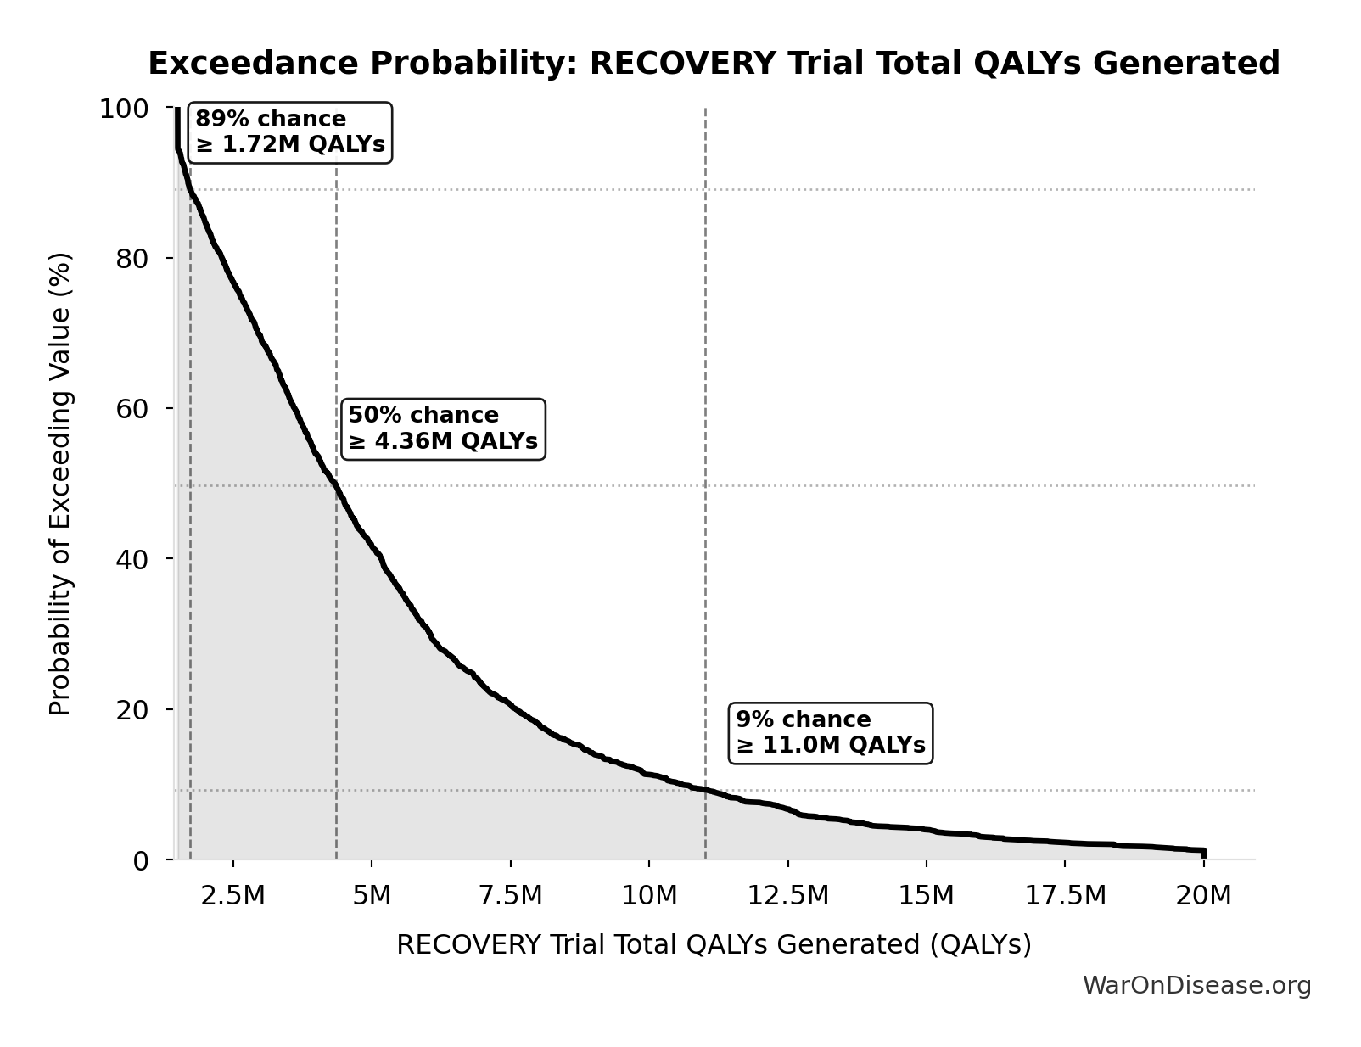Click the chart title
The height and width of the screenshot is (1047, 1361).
click(714, 64)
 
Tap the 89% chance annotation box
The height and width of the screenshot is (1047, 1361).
click(290, 132)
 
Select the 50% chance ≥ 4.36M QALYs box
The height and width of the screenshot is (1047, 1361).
click(443, 428)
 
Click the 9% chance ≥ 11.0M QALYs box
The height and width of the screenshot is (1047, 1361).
click(831, 733)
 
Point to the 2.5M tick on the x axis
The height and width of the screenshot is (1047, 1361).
click(233, 896)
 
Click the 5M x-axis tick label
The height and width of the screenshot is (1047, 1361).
click(372, 896)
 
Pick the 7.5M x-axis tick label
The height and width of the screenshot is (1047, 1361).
click(510, 896)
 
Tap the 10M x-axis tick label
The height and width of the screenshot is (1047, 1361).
click(649, 896)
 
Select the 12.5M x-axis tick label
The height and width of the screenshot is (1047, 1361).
click(787, 896)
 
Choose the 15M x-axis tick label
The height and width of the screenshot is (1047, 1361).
click(927, 896)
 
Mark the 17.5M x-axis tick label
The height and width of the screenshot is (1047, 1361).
click(1065, 896)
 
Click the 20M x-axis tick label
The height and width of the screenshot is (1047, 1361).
click(1203, 896)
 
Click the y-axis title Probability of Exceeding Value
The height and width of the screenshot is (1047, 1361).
click(59, 484)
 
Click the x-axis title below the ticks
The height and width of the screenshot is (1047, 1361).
click(714, 944)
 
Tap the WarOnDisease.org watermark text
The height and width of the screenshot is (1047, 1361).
click(1196, 985)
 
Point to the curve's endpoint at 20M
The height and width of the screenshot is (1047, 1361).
click(1203, 851)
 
